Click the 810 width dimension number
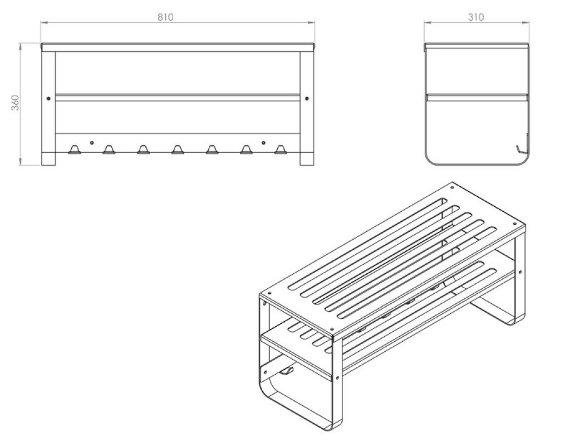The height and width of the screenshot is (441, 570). coord(165,17)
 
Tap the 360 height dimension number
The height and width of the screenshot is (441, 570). coord(15,103)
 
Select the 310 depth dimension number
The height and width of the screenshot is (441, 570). coord(476,17)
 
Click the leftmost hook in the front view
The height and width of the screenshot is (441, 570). coord(75,149)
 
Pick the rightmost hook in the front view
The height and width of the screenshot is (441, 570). coord(281,149)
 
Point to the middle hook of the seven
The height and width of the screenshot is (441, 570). coord(178,149)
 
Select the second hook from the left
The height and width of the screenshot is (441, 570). coord(109,149)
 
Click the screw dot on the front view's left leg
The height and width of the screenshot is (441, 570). coord(48,98)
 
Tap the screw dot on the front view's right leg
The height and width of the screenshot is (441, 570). coord(307,98)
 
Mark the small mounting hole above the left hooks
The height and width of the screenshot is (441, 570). coord(92,142)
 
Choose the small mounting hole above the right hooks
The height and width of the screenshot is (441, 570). coord(263,142)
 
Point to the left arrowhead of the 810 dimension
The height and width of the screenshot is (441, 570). coord(43,22)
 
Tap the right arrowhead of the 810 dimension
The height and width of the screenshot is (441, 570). coord(311,22)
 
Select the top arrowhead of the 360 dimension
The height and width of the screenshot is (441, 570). coord(20,46)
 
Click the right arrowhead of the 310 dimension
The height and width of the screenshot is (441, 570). coord(525,22)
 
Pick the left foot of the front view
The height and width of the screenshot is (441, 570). coord(48,159)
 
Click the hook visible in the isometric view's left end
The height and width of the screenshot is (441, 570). coord(287,371)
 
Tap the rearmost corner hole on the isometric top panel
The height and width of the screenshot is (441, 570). coord(452,187)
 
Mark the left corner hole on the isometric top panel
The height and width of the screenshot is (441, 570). coord(269,293)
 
